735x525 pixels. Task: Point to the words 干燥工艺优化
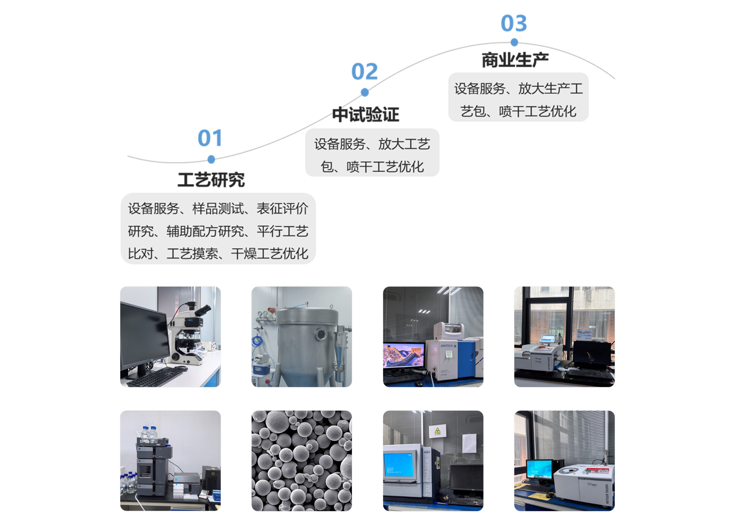pyautogui.click(x=270, y=253)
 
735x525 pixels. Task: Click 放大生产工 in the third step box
pyautogui.click(x=551, y=89)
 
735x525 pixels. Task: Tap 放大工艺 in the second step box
pyautogui.click(x=404, y=144)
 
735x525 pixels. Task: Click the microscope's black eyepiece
pyautogui.click(x=204, y=310)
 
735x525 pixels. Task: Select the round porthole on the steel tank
pyautogui.click(x=321, y=334)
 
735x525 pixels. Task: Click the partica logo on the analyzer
pyautogui.click(x=448, y=345)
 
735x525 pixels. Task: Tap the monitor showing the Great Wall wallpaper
pyautogui.click(x=404, y=355)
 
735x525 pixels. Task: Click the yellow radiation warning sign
pyautogui.click(x=437, y=431)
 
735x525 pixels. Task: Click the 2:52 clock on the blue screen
pyautogui.click(x=390, y=469)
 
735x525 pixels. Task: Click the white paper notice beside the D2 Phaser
pyautogui.click(x=469, y=443)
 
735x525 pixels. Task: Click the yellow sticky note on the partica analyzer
pyautogui.click(x=449, y=354)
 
